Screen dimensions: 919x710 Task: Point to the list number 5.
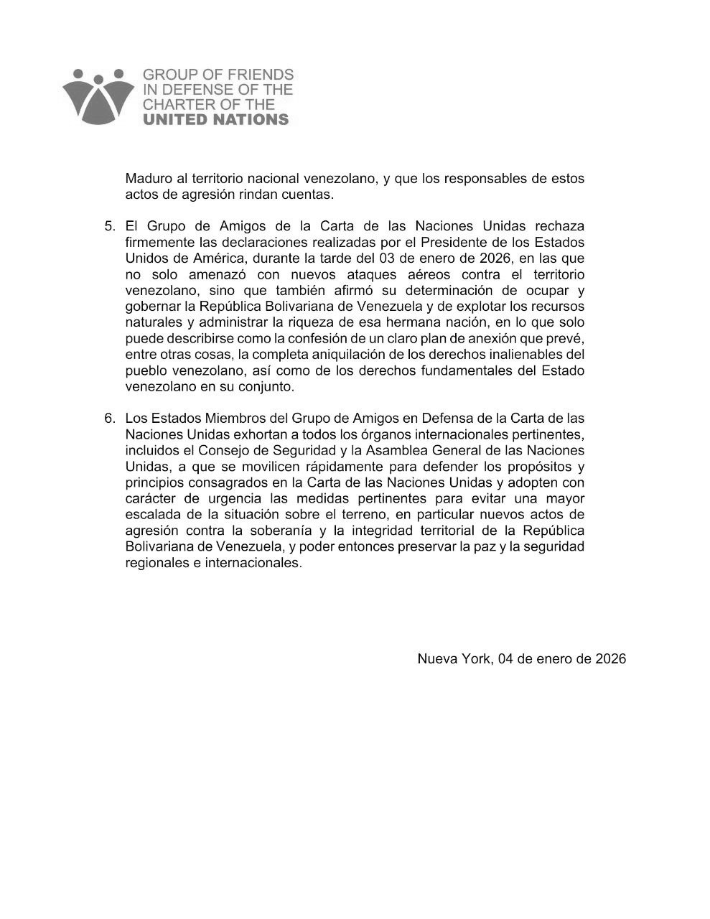tap(110, 226)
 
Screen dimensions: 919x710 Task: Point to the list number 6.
tap(110, 418)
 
